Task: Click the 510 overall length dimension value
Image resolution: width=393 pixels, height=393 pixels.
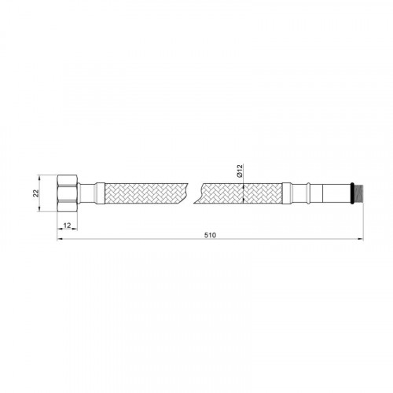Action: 210,235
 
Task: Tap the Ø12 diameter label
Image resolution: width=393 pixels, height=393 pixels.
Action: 240,171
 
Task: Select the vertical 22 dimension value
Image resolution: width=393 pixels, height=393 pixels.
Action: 36,193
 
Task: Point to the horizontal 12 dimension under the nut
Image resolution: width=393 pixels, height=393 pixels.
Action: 68,226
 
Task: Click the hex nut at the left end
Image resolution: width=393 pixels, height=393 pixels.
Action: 68,193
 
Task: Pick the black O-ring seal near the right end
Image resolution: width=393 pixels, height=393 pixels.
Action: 353,193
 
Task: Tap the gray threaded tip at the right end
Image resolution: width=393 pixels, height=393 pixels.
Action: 359,193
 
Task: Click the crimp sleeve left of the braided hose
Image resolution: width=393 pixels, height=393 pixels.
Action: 100,193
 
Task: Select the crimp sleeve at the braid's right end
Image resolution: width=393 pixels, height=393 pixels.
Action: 287,193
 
